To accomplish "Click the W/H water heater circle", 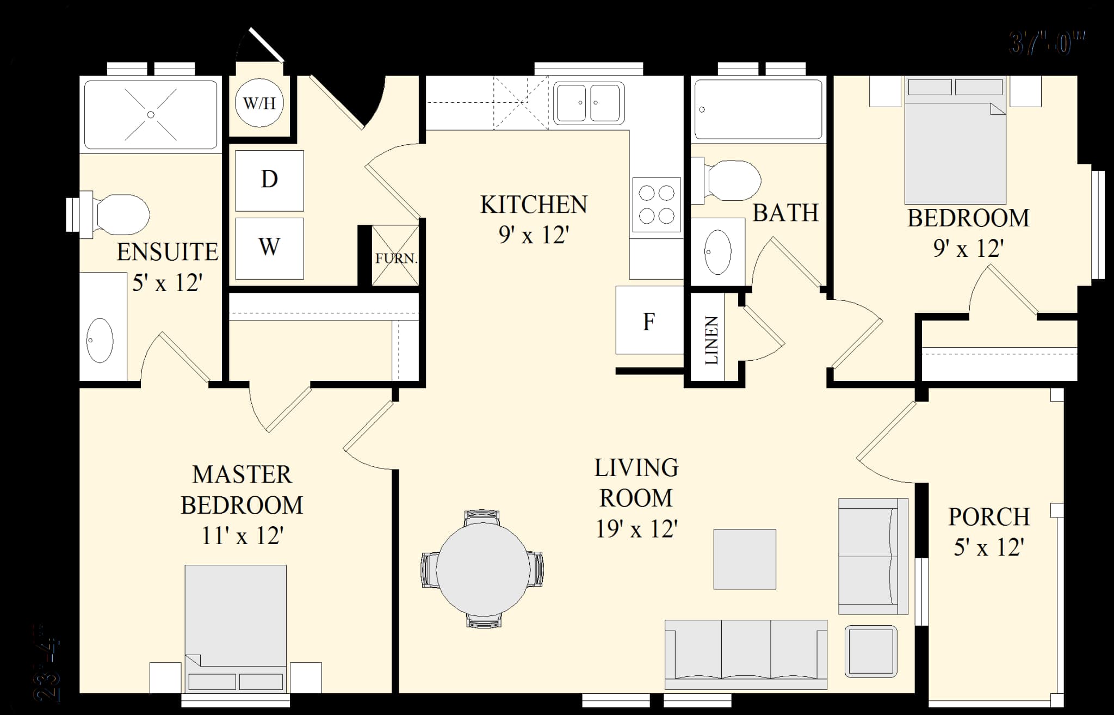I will [259, 102].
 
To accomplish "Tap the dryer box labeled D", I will [269, 180].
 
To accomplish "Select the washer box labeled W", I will [269, 248].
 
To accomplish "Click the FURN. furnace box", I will [395, 256].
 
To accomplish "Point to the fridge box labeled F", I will [649, 320].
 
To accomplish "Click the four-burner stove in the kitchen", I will [657, 205].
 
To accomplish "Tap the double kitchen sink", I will [589, 103].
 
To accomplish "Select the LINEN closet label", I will [711, 340].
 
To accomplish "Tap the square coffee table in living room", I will [744, 559].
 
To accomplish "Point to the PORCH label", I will [988, 517].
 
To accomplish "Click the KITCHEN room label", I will [534, 205].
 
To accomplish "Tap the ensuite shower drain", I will [151, 114].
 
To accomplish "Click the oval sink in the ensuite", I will [100, 340].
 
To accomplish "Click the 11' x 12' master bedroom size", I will [242, 536].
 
